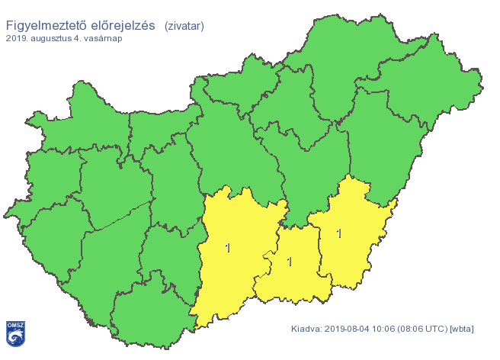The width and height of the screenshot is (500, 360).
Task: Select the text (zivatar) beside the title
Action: (x=184, y=26)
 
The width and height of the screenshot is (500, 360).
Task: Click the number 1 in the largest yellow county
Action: (x=227, y=248)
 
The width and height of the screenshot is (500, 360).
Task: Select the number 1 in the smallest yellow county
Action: (x=289, y=262)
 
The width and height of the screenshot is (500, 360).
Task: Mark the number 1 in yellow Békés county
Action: (x=338, y=233)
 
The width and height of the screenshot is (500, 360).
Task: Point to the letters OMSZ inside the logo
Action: (x=16, y=325)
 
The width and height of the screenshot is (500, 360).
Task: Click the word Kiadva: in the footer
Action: (x=306, y=329)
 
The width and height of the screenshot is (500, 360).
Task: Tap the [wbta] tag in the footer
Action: (x=462, y=329)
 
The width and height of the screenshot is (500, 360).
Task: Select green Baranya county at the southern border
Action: (x=149, y=313)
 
